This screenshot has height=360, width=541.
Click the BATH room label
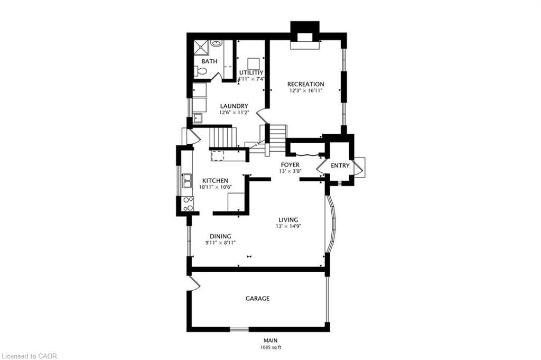coord(209,61)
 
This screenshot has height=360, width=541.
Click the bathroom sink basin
coord(216,43)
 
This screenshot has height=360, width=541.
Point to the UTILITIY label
coord(251,72)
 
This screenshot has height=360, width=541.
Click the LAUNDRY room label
coord(234,106)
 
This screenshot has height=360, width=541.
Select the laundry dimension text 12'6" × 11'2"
coord(234,112)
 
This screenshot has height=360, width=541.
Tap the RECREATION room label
coord(305,84)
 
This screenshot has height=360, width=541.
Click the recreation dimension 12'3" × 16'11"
coord(305,90)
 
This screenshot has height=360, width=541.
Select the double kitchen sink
coord(187,181)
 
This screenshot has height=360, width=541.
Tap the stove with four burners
coord(188,204)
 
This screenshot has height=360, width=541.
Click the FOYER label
coord(290,165)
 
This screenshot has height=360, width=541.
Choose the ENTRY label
coord(340,165)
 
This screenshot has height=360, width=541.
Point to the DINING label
coord(220,236)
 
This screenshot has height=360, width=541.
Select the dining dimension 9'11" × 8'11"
coord(220,243)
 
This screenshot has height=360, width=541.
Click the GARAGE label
coord(257,299)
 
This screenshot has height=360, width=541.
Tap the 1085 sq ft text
coord(270,347)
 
